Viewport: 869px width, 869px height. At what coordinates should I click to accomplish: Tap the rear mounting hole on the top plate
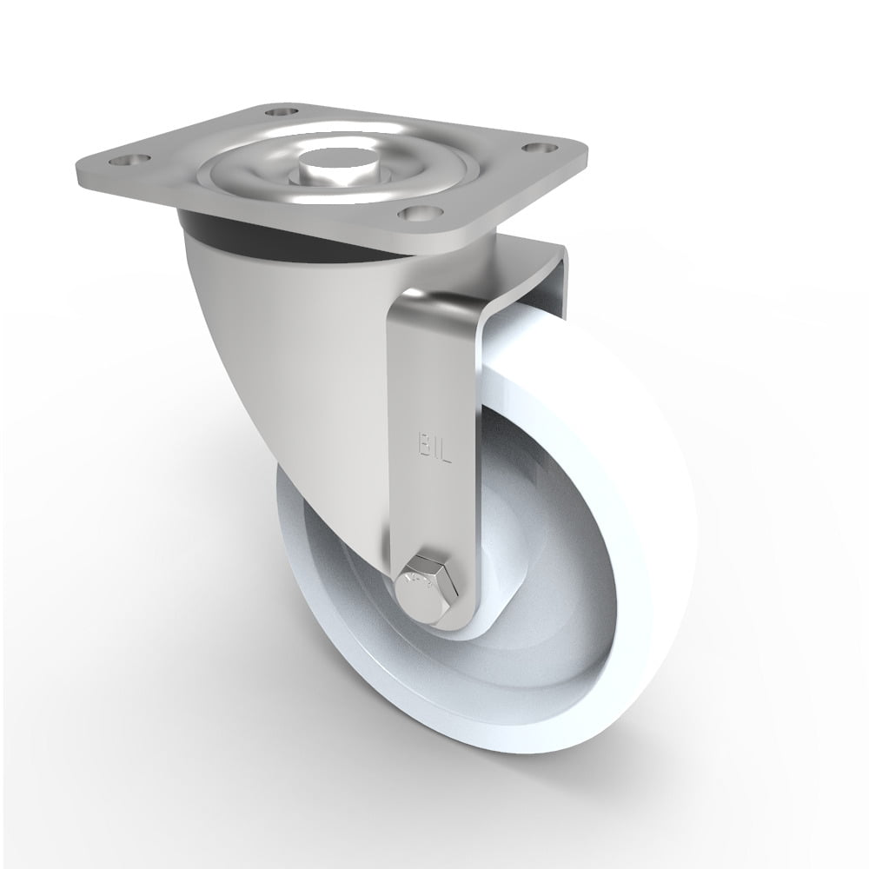point(280,112)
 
